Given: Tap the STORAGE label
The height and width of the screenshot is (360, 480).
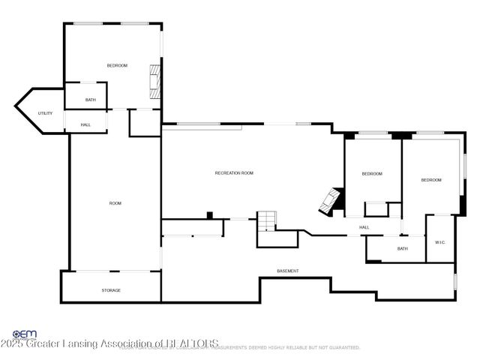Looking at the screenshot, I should pyautogui.click(x=111, y=290).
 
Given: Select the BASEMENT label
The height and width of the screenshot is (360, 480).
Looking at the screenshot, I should pyautogui.click(x=288, y=271).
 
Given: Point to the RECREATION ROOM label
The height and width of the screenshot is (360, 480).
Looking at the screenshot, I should pyautogui.click(x=234, y=173).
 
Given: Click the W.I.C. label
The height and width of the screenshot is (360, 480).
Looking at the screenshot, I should pyautogui.click(x=440, y=242).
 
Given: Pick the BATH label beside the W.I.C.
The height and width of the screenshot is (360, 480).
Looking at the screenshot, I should pyautogui.click(x=403, y=249).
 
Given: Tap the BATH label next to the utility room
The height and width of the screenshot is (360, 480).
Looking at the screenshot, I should pyautogui.click(x=91, y=100).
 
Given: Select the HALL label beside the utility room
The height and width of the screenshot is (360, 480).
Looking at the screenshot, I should pyautogui.click(x=85, y=125).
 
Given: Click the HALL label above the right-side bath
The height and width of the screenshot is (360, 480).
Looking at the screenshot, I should pyautogui.click(x=364, y=227).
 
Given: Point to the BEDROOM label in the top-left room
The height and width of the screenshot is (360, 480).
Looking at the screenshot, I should pyautogui.click(x=117, y=66).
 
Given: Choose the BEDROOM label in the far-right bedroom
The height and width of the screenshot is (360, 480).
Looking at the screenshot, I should pyautogui.click(x=430, y=180).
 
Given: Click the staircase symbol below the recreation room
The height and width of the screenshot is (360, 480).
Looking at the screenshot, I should pyautogui.click(x=267, y=220).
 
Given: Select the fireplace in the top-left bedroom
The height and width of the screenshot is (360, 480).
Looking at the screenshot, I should pyautogui.click(x=155, y=80).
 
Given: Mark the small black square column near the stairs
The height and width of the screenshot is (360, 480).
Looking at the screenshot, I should pyautogui.click(x=209, y=215).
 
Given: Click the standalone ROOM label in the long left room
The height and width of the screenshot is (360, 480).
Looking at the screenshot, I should pyautogui.click(x=115, y=203).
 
